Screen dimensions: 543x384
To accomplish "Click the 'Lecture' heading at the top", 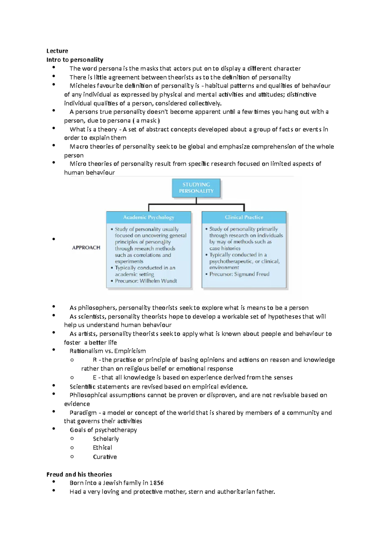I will (x=57, y=51).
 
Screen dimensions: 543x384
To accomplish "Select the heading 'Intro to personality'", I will (x=75, y=60).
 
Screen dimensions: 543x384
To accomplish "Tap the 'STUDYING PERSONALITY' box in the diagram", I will (x=196, y=188).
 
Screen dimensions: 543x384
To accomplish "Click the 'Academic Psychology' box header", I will (x=148, y=217).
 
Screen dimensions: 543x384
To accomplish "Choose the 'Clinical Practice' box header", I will (x=244, y=217).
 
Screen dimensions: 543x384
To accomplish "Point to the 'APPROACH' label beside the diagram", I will (x=86, y=248).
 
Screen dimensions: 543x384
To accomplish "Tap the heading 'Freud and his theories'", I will (x=79, y=474).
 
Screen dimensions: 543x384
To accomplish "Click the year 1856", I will (x=156, y=483).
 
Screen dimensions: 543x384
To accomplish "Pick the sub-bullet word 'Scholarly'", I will (x=106, y=439).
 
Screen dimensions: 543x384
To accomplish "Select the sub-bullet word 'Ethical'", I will (x=102, y=448).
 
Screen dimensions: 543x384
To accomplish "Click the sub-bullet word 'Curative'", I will (x=105, y=457).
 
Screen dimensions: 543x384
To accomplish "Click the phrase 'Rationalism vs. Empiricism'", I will (x=108, y=351).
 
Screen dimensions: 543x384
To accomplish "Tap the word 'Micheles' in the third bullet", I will (x=83, y=86).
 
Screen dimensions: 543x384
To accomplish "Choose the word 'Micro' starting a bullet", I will (x=78, y=164).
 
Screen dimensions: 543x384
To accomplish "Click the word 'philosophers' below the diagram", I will (x=97, y=308).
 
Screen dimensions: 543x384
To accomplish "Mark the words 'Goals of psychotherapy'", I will (x=103, y=430).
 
